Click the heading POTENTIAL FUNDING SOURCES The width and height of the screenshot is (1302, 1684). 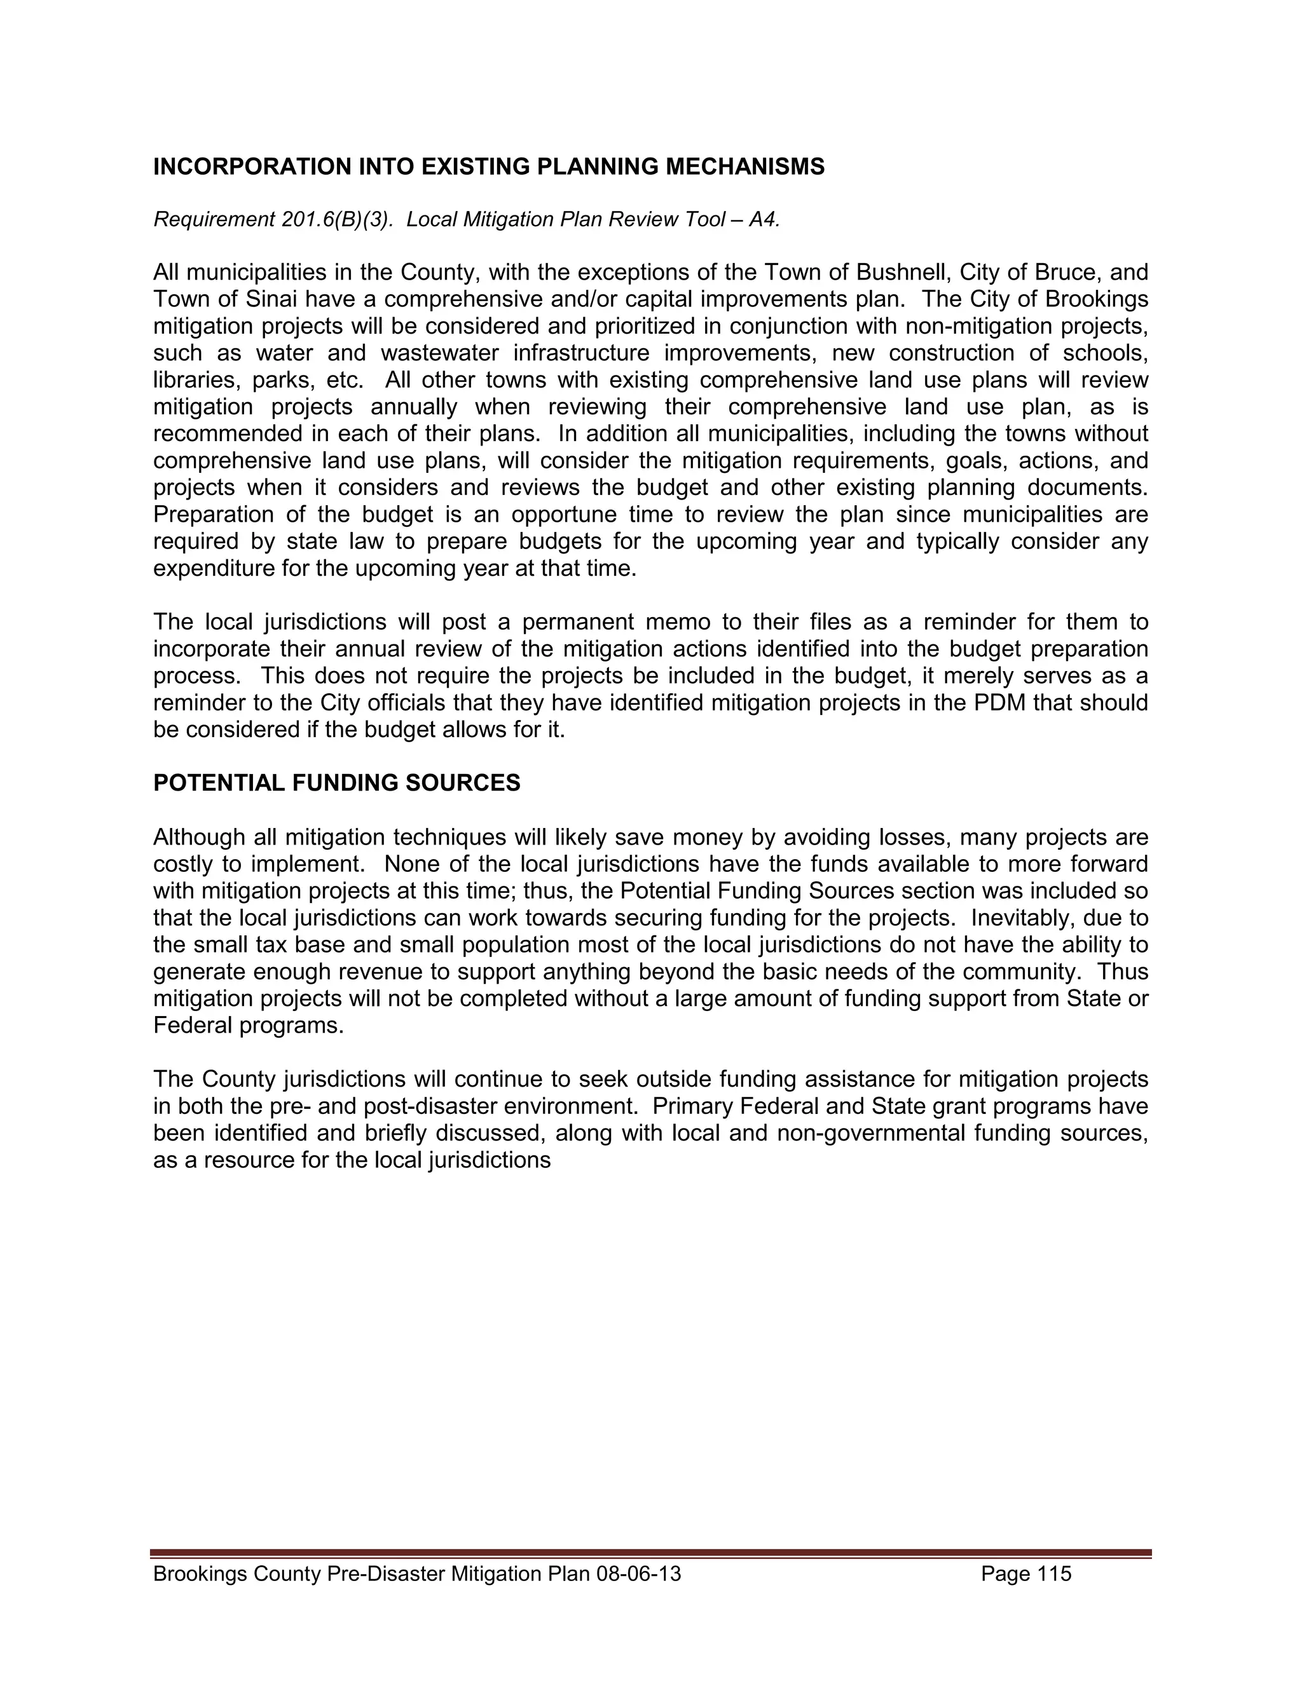tap(336, 784)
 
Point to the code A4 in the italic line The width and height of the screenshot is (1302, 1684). tap(762, 220)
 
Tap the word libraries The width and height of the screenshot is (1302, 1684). tap(196, 380)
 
